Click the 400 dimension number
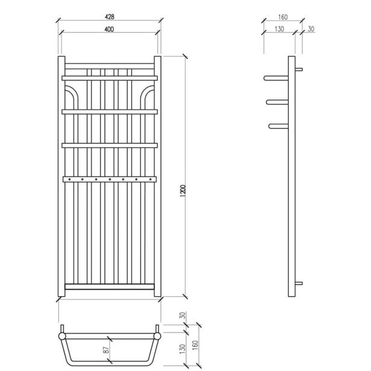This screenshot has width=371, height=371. click(x=108, y=30)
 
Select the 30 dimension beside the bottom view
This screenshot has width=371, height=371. click(x=182, y=317)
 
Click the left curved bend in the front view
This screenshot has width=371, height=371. click(x=72, y=95)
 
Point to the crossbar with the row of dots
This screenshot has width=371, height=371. click(x=109, y=178)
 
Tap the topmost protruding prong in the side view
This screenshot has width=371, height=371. click(x=276, y=78)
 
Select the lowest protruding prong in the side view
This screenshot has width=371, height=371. click(x=279, y=126)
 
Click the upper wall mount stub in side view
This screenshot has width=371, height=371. click(x=299, y=69)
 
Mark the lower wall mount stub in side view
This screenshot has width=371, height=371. click(x=299, y=284)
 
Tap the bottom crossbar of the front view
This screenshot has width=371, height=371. click(x=109, y=287)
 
